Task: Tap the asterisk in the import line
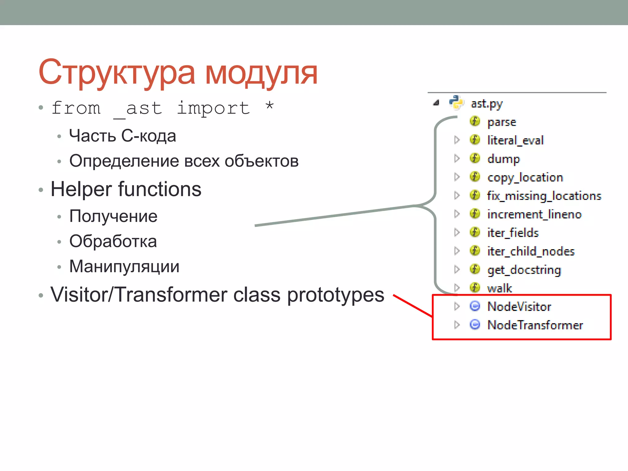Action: coord(269,107)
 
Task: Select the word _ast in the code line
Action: coord(138,109)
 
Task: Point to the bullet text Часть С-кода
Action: coord(122,136)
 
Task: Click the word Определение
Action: coord(124,161)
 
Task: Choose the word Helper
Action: coord(81,189)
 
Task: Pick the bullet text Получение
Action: coord(113,216)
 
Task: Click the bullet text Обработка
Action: coord(113,241)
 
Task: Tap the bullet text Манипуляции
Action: coord(124,266)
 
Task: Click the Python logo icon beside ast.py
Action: coord(456,102)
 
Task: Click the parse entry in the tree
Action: coord(502,122)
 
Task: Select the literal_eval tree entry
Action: coord(515,140)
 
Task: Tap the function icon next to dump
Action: coord(475,159)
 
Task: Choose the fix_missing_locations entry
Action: coord(544,196)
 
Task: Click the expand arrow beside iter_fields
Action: coord(457,232)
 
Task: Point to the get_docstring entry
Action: coord(524,270)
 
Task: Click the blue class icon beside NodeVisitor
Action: coord(475,306)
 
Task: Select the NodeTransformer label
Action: coord(535,325)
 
